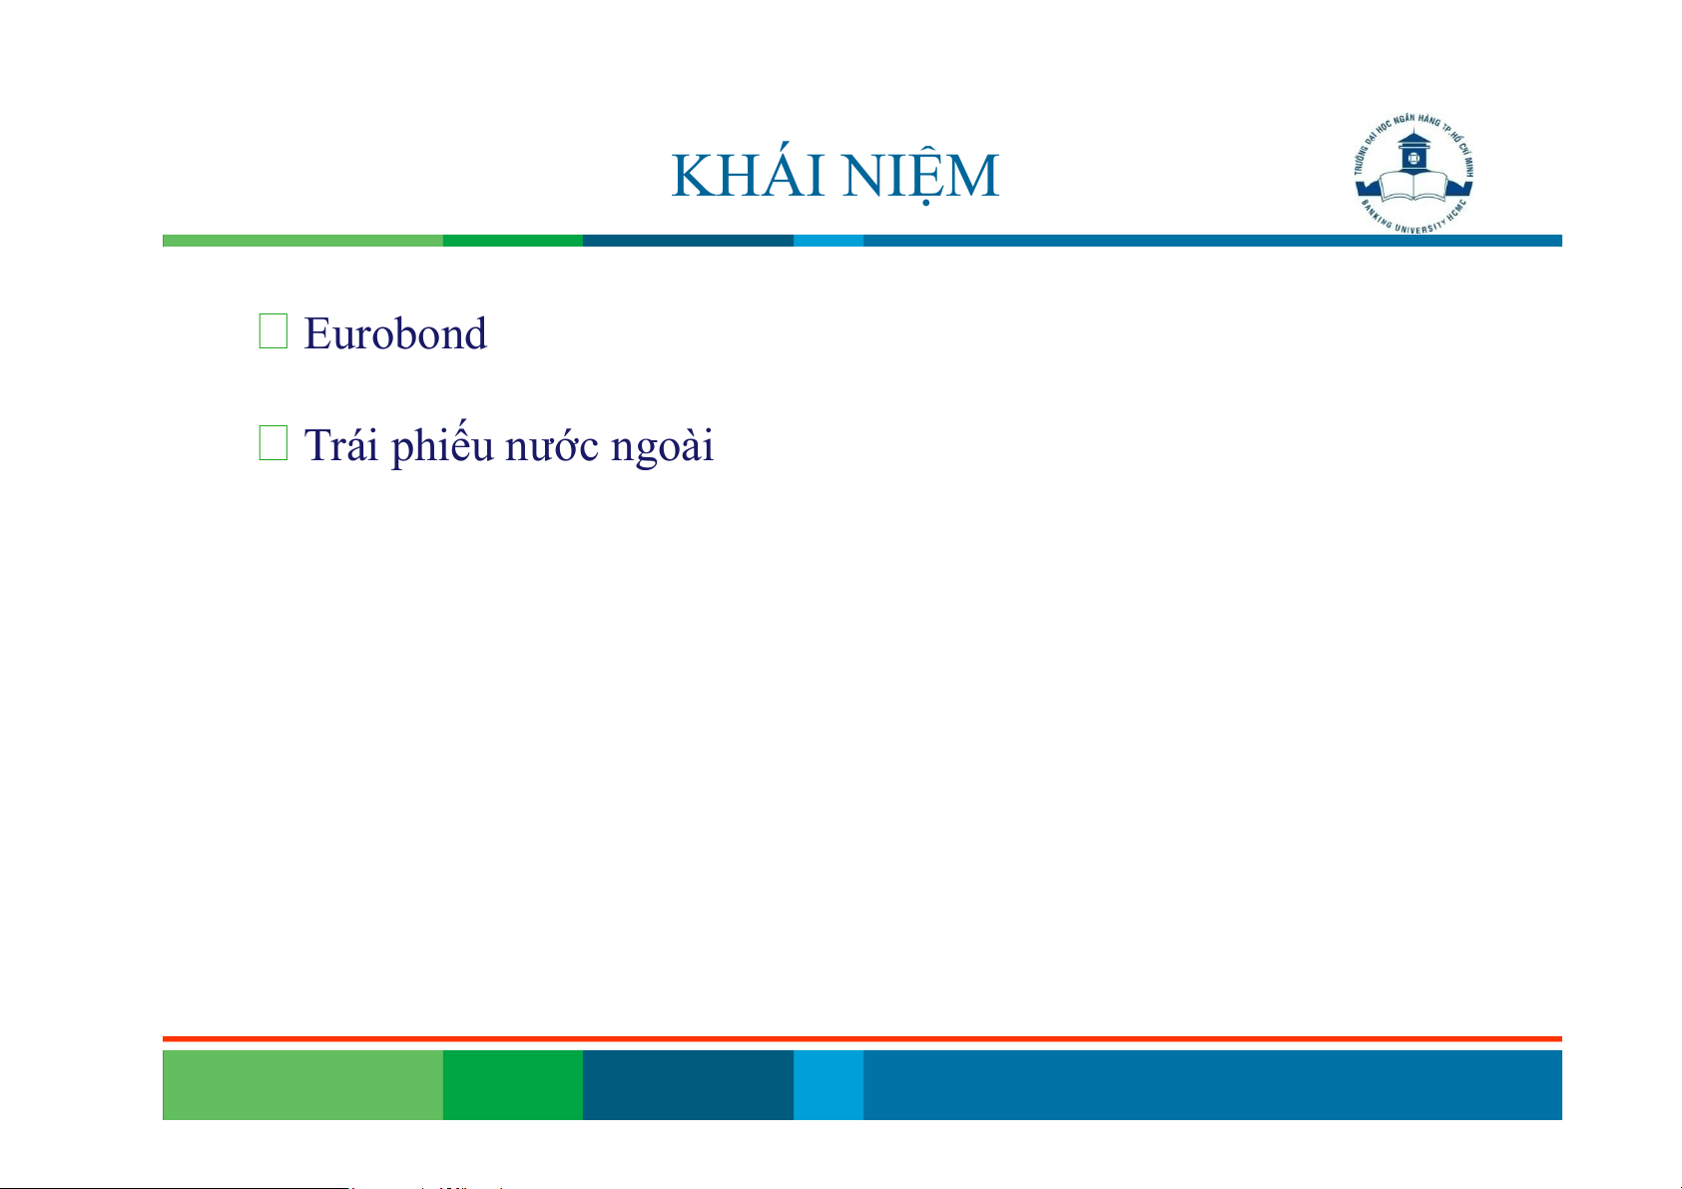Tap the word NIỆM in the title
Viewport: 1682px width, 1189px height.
920,177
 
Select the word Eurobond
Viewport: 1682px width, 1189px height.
395,333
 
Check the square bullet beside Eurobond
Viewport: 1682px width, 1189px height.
274,331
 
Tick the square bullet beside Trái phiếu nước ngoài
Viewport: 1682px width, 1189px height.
274,442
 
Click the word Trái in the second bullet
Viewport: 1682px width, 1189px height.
341,444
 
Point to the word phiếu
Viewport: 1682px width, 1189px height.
442,444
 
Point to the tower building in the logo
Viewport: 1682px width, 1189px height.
1413,150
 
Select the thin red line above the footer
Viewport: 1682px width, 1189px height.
862,1039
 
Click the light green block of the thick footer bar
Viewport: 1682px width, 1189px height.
302,1084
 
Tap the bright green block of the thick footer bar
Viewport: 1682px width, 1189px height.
513,1084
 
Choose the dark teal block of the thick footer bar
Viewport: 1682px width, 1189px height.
688,1084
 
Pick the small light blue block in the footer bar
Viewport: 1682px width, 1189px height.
829,1084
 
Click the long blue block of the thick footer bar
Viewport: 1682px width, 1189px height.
1213,1084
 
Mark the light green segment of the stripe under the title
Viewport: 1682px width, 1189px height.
302,241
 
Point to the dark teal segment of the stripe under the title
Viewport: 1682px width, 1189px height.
688,241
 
